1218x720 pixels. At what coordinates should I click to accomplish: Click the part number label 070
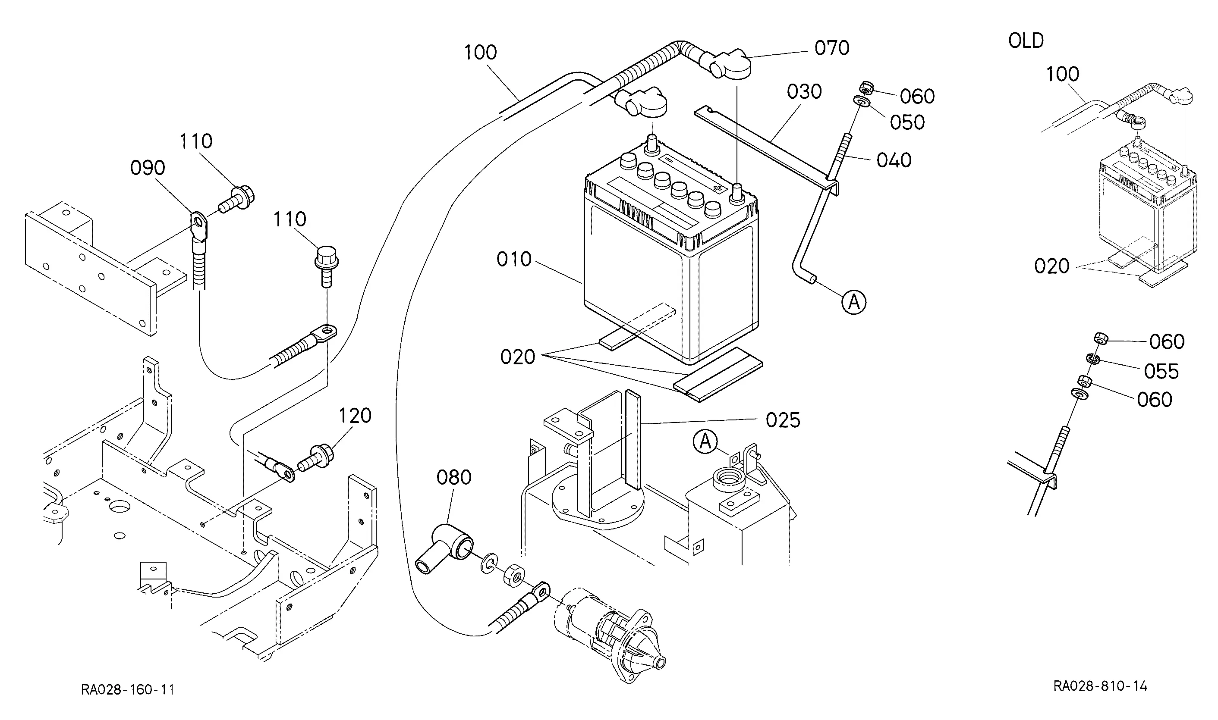[x=831, y=48]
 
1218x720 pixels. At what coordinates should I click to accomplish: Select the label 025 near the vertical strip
[x=783, y=420]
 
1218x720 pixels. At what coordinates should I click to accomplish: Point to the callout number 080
[x=453, y=477]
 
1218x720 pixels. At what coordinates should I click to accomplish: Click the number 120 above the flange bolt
[x=355, y=416]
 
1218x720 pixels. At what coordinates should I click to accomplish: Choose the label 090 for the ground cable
[x=148, y=168]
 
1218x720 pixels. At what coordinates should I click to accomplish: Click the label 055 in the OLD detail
[x=1161, y=372]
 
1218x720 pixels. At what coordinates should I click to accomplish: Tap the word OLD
[x=1026, y=41]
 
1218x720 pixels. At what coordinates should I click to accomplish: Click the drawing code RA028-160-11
[x=128, y=689]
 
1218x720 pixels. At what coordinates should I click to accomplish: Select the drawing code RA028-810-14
[x=1100, y=686]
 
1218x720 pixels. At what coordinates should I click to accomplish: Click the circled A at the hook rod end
[x=853, y=302]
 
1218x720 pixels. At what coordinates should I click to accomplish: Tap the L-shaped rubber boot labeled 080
[x=444, y=548]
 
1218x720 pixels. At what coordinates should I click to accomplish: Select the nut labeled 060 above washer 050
[x=866, y=88]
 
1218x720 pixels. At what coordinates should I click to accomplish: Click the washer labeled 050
[x=861, y=102]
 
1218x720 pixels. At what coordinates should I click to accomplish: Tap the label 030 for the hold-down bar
[x=804, y=92]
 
